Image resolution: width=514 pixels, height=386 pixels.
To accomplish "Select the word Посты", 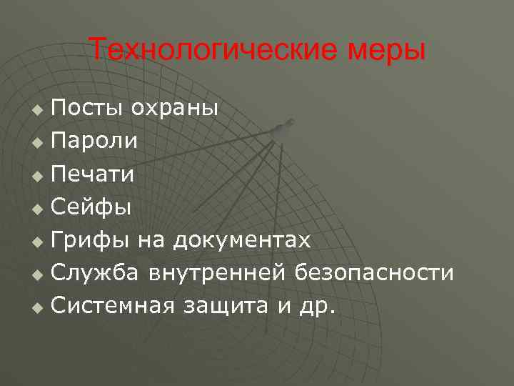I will click(x=85, y=108).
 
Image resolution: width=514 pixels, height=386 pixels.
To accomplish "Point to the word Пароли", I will click(x=95, y=141).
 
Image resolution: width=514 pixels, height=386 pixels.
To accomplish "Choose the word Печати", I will click(x=94, y=174).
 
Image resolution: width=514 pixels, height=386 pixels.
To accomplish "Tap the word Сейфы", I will click(x=92, y=207).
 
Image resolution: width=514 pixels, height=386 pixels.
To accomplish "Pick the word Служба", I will click(x=97, y=273).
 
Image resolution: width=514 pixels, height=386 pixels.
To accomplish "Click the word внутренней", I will click(x=219, y=273).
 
